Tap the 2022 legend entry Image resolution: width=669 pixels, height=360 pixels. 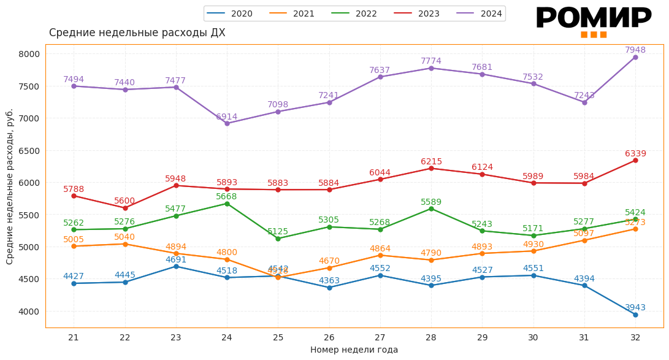tap(355, 13)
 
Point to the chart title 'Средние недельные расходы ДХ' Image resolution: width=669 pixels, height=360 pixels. tap(137, 33)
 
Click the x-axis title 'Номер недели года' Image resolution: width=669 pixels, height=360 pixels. tap(354, 350)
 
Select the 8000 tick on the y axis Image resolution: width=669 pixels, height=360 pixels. tap(29, 54)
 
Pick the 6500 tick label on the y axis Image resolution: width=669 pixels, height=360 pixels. tap(29, 151)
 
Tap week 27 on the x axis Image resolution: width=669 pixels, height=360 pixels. tap(380, 337)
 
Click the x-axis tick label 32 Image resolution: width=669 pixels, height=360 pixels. tap(635, 337)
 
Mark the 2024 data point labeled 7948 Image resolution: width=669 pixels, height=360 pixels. tap(635, 57)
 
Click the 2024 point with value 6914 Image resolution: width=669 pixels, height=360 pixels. tap(227, 123)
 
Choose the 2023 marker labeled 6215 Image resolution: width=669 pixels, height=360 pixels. tap(431, 168)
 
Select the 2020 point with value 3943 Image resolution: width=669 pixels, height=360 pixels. tap(635, 315)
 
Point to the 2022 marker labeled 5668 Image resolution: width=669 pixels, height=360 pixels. tap(227, 204)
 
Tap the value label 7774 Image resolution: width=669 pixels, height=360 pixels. tap(431, 61)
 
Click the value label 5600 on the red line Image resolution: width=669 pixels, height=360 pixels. tap(124, 201)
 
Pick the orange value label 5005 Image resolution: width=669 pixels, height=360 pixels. tap(74, 240)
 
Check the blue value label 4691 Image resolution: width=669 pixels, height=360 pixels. tap(175, 259)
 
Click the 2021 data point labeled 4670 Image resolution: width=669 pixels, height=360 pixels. tap(329, 268)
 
